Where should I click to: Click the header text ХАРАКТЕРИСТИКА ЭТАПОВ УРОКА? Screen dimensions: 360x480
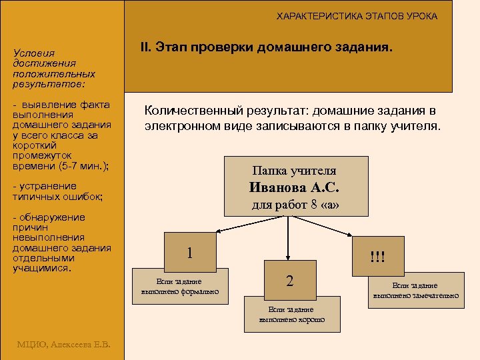click(x=357, y=16)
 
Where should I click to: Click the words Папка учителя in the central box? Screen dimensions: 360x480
click(x=294, y=171)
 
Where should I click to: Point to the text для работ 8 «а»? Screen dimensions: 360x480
click(x=295, y=205)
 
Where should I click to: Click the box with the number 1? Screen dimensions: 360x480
click(x=190, y=253)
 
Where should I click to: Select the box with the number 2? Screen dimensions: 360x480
click(x=289, y=281)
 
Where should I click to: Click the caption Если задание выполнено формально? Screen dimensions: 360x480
click(x=180, y=286)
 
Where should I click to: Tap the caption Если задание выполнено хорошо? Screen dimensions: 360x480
click(x=292, y=314)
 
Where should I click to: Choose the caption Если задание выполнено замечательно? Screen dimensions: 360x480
click(x=415, y=290)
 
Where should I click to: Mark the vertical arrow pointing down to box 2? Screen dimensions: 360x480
click(x=288, y=240)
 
